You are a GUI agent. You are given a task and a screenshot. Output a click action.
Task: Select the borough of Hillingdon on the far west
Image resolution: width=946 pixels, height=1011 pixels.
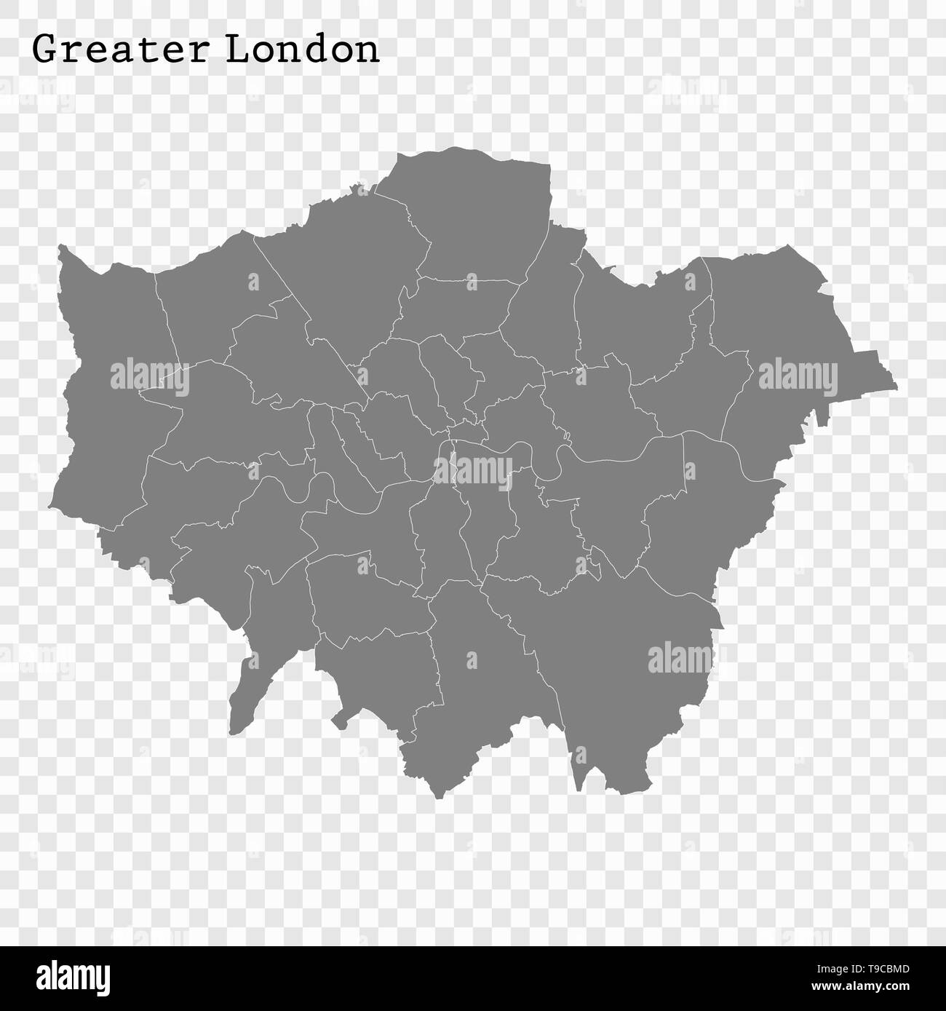pyautogui.click(x=109, y=378)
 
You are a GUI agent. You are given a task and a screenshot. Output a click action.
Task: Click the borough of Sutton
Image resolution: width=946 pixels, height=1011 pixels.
pyautogui.click(x=378, y=670)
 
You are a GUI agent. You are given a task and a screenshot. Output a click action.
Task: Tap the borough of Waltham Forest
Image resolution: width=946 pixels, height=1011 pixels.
pyautogui.click(x=546, y=313)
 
